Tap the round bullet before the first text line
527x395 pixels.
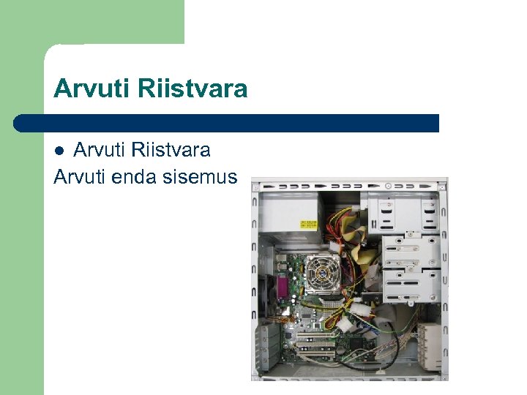tap(62, 151)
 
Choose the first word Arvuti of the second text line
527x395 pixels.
tap(81, 176)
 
